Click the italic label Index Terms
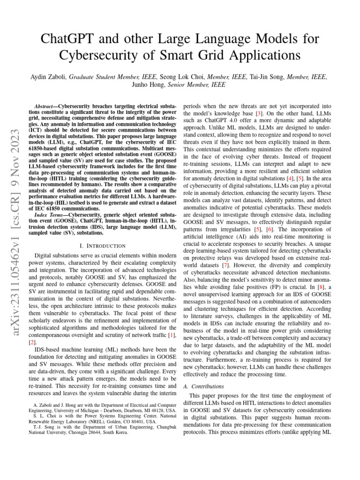click(52, 214)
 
